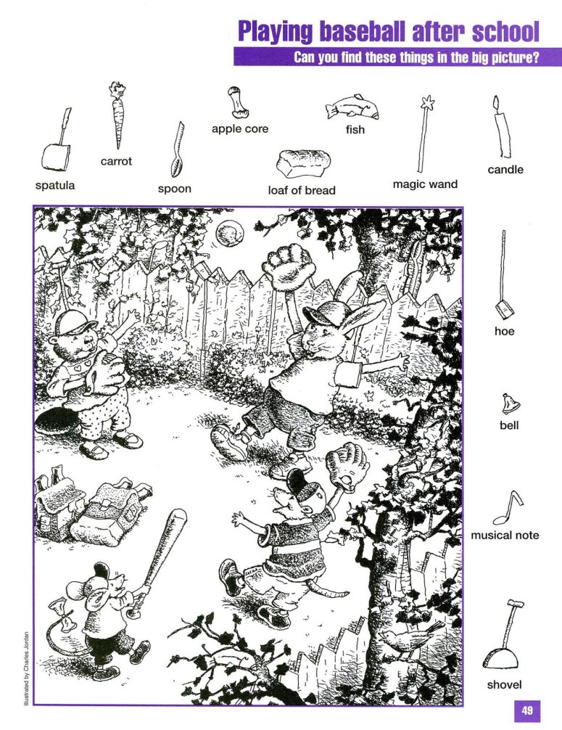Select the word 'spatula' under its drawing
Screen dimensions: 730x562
(55, 185)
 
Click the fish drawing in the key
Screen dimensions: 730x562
(352, 108)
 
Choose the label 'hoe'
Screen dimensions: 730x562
(505, 331)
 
